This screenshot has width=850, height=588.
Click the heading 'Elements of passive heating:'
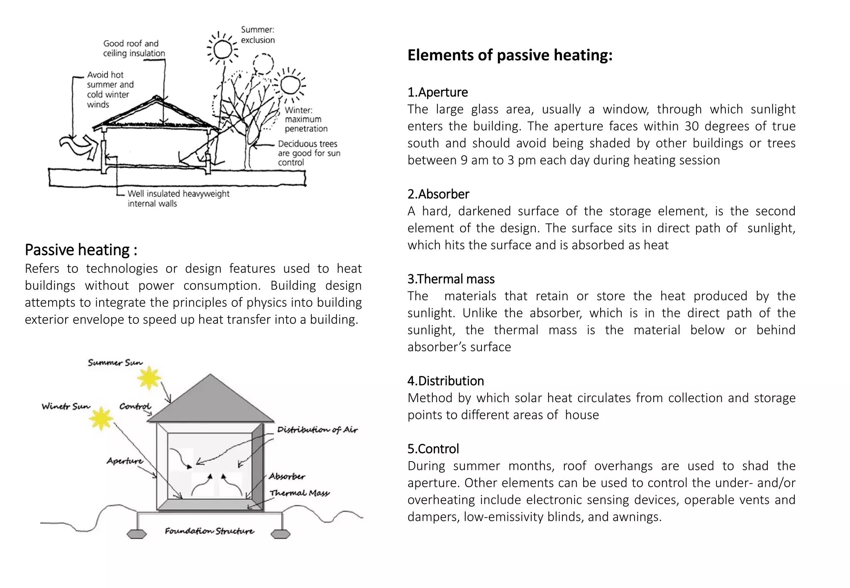pyautogui.click(x=510, y=55)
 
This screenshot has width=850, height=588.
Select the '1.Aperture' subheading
pyautogui.click(x=437, y=92)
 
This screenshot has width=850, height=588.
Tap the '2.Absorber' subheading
pyautogui.click(x=438, y=194)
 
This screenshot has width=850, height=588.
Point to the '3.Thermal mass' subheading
pyautogui.click(x=451, y=279)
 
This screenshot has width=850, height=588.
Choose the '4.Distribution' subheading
pyautogui.click(x=445, y=381)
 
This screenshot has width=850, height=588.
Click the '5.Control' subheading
pyautogui.click(x=433, y=449)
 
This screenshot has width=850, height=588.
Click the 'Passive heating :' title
pyautogui.click(x=81, y=250)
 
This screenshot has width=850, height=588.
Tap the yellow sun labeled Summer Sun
pyautogui.click(x=149, y=378)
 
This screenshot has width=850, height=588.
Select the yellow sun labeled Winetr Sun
pyautogui.click(x=101, y=418)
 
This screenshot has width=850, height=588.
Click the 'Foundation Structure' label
pyautogui.click(x=209, y=531)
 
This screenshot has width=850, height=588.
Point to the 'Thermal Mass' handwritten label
pyautogui.click(x=299, y=493)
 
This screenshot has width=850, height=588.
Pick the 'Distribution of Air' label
pyautogui.click(x=317, y=430)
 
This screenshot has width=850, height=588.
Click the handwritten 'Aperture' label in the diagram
pyautogui.click(x=125, y=461)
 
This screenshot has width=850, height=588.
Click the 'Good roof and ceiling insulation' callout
pyautogui.click(x=134, y=49)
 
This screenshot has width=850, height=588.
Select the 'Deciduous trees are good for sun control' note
pyautogui.click(x=308, y=153)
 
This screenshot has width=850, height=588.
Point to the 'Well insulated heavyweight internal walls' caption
pyautogui.click(x=178, y=199)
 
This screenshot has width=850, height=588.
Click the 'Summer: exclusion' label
pyautogui.click(x=258, y=35)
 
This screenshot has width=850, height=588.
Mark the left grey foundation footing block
pyautogui.click(x=137, y=534)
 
